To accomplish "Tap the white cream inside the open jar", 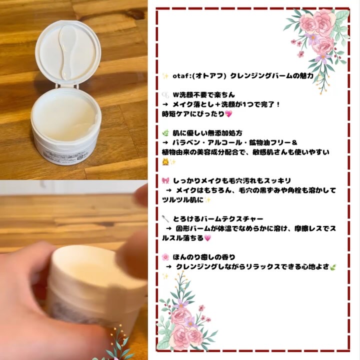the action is coord(64,117).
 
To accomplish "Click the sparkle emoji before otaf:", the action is coord(165,76).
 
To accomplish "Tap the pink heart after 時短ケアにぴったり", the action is coord(228,114).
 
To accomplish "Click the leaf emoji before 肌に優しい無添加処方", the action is coord(165,133).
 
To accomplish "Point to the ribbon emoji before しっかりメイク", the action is coord(165,180).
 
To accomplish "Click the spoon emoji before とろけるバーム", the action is coord(165,219).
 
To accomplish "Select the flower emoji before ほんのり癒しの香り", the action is coord(165,257).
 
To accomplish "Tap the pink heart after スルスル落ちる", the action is coord(207,238).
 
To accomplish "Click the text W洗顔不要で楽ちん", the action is coord(204,95).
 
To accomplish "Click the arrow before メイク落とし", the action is coord(165,104).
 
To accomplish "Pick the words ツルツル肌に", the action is coord(183,200).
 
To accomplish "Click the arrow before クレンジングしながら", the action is coord(169,267).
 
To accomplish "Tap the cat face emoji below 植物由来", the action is coord(165,162).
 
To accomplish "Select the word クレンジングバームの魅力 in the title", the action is coord(271,76).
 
